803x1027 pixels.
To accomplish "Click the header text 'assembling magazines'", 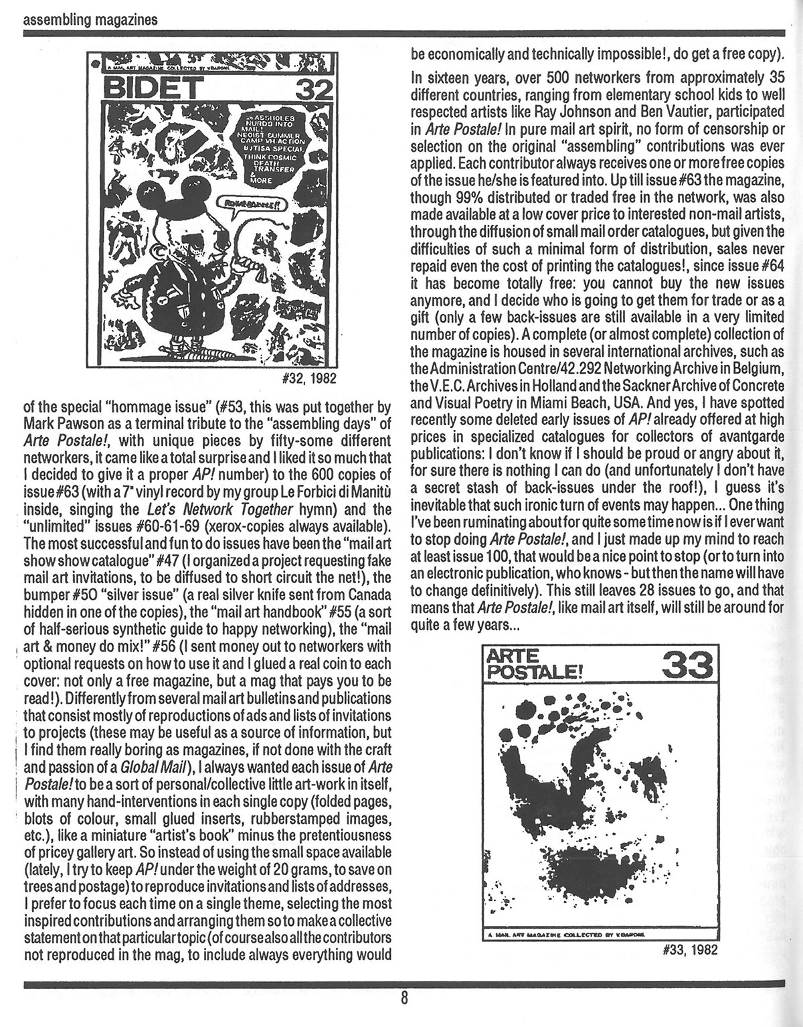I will [90, 19].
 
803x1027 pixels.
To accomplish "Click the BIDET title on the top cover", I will [149, 87].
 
